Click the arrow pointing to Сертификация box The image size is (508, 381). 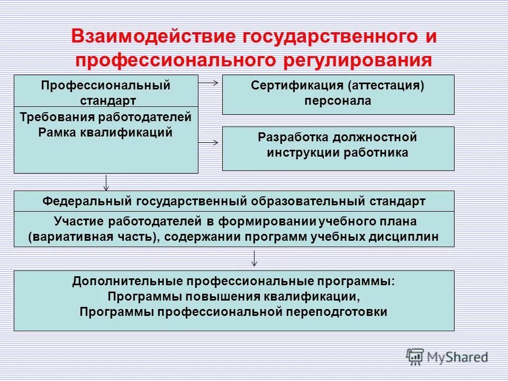(210, 82)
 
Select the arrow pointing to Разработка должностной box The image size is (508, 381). (210, 142)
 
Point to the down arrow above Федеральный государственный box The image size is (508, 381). (106, 182)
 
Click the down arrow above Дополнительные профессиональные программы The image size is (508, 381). (255, 258)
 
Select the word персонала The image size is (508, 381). (338, 101)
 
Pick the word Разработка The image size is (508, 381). (293, 138)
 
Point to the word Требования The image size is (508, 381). (49, 117)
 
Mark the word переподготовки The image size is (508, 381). (334, 312)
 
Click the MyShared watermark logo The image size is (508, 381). (447, 357)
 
